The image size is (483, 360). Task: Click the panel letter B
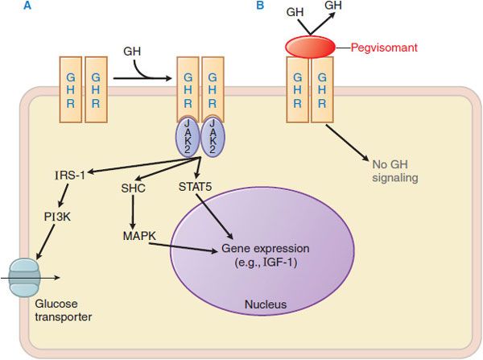coord(260,6)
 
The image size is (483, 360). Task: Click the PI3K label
coord(60,216)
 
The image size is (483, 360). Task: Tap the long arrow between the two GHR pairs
coord(141,79)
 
